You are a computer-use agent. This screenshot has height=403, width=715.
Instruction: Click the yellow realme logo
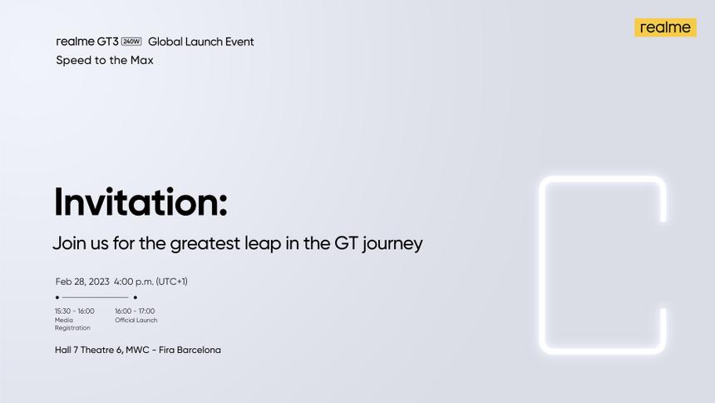[x=665, y=27]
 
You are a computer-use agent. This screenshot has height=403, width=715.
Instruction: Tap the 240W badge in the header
[x=131, y=42]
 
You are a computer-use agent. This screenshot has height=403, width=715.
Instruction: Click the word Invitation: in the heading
[x=141, y=202]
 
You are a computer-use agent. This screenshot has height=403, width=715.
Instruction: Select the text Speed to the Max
[x=105, y=60]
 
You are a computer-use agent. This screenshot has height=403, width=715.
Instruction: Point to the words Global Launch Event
[x=201, y=42]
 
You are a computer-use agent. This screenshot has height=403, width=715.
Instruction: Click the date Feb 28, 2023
[x=82, y=281]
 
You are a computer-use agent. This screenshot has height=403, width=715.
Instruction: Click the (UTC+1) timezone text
[x=172, y=281]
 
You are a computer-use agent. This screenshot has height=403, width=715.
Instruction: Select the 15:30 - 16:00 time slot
[x=75, y=311]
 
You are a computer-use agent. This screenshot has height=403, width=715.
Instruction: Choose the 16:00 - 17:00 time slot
[x=135, y=311]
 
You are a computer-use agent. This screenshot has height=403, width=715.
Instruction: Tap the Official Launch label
[x=136, y=320]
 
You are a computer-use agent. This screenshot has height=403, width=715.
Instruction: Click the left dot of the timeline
[x=57, y=297]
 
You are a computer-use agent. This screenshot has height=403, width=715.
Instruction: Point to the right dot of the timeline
[x=135, y=297]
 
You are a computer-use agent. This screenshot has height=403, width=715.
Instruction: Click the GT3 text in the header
[x=106, y=42]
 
